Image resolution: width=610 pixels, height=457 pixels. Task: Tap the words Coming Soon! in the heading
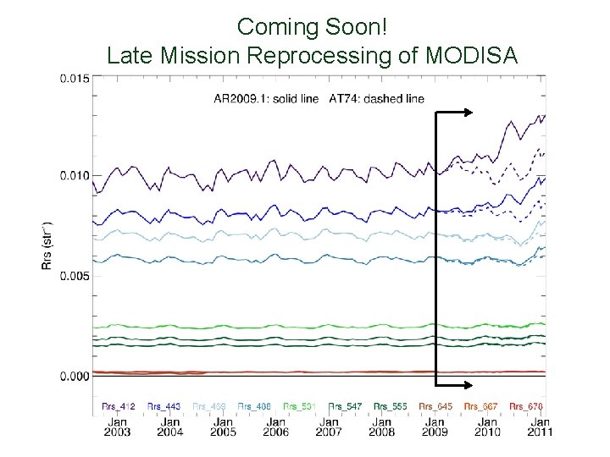click(x=313, y=26)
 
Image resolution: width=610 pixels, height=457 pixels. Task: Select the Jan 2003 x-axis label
click(x=117, y=427)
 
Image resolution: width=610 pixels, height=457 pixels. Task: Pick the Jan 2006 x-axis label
click(x=276, y=427)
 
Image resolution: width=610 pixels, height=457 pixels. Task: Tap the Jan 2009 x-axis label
click(x=435, y=427)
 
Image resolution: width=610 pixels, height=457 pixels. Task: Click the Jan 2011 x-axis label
click(x=540, y=427)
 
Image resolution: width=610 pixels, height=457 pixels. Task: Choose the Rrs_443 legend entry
click(x=164, y=407)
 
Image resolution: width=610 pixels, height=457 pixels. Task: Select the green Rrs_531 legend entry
click(x=299, y=407)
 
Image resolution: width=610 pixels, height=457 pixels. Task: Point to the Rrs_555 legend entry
click(x=390, y=407)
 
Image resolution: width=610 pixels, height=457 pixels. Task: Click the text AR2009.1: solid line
click(x=265, y=99)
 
